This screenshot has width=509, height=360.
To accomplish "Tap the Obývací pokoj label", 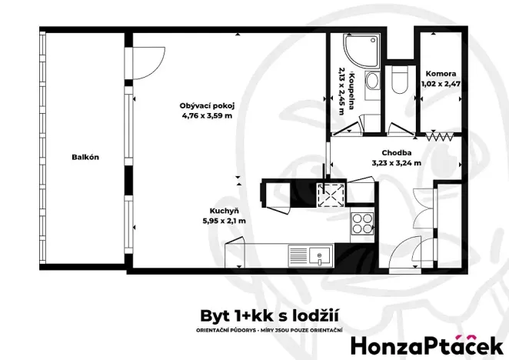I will point(206,105).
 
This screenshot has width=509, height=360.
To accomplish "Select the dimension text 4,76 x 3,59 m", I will point(206,116).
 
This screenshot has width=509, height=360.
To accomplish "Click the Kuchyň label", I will point(223,210).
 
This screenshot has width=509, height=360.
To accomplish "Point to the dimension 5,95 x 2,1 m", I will point(223,221).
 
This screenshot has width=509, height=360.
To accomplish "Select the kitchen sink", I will point(310,255).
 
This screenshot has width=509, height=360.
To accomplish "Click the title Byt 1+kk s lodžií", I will point(270,316).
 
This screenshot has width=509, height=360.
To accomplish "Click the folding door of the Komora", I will point(440,137).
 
